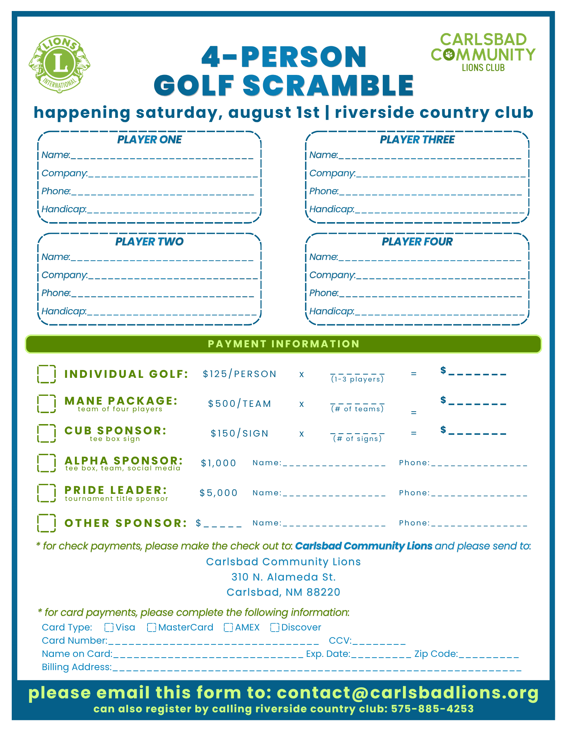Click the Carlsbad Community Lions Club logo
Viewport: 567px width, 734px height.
coord(483,52)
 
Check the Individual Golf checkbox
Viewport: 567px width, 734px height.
coord(47,374)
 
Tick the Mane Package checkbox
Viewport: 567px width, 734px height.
coord(47,404)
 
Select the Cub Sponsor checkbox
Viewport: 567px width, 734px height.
coord(47,433)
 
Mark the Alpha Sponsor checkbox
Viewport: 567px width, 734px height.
coord(47,463)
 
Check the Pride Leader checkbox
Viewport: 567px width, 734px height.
coord(47,493)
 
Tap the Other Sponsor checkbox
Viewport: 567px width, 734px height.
coord(47,523)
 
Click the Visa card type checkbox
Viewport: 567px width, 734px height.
coord(109,628)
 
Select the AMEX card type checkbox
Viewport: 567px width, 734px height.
coord(228,628)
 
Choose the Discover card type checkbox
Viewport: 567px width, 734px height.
coord(275,628)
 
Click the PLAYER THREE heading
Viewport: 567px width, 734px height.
coord(417,140)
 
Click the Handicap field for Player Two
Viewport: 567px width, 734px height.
coord(172,311)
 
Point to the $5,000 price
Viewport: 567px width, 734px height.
coord(219,493)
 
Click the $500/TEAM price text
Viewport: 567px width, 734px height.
coord(240,404)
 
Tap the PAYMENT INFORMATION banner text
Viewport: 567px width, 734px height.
coord(283,344)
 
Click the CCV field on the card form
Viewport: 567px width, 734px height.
coord(379,641)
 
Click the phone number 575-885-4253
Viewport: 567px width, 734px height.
coord(432,709)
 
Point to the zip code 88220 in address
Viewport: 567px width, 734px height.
coord(323,592)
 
